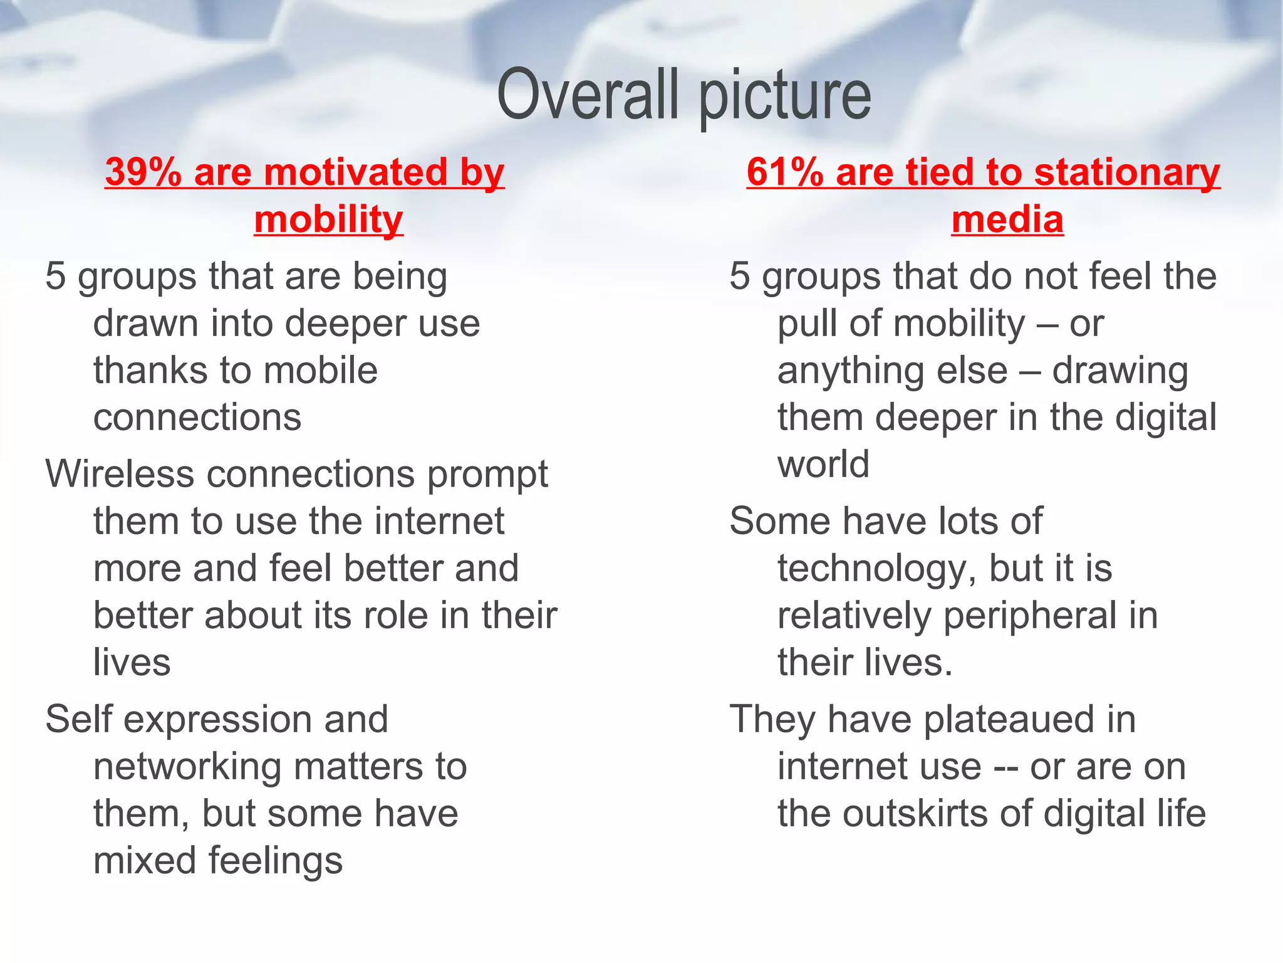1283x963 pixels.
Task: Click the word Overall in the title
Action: [588, 95]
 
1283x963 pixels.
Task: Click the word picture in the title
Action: [785, 97]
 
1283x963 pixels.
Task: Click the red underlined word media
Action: [1007, 219]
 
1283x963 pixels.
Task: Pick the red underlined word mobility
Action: [328, 219]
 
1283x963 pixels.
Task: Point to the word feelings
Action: [276, 860]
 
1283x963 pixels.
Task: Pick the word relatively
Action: [854, 616]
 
